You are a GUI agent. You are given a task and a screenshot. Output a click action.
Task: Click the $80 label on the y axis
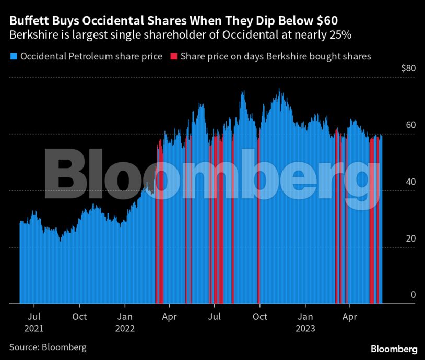pyautogui.click(x=408, y=69)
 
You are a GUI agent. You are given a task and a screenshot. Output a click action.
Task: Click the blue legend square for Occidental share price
pyautogui.click(x=13, y=56)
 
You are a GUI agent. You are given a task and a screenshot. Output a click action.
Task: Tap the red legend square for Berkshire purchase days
pyautogui.click(x=173, y=56)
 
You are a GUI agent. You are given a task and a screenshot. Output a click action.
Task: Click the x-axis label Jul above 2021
pyautogui.click(x=34, y=316)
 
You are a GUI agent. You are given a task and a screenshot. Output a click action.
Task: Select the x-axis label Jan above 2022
pyautogui.click(x=125, y=316)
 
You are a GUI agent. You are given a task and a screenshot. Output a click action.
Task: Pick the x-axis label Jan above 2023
pyautogui.click(x=305, y=316)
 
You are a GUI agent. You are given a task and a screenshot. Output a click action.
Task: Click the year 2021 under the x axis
pyautogui.click(x=34, y=329)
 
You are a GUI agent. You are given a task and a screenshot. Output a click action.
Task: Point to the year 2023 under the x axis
pyautogui.click(x=305, y=329)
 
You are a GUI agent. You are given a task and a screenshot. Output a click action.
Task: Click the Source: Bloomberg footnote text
pyautogui.click(x=48, y=347)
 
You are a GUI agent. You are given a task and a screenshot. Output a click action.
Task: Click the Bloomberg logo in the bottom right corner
pyautogui.click(x=394, y=348)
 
